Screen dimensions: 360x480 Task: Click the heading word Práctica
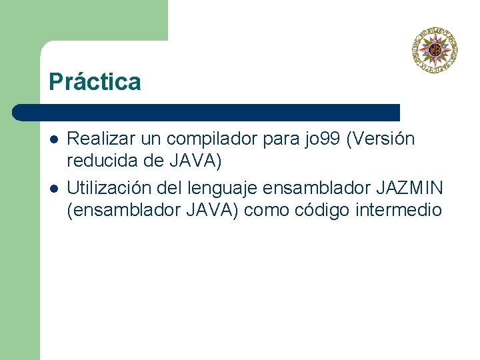click(x=95, y=82)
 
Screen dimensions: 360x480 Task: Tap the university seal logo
click(x=434, y=50)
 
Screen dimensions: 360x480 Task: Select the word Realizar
click(x=95, y=139)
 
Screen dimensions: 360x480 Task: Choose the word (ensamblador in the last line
click(x=117, y=210)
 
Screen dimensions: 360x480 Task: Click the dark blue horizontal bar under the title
click(x=207, y=112)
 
